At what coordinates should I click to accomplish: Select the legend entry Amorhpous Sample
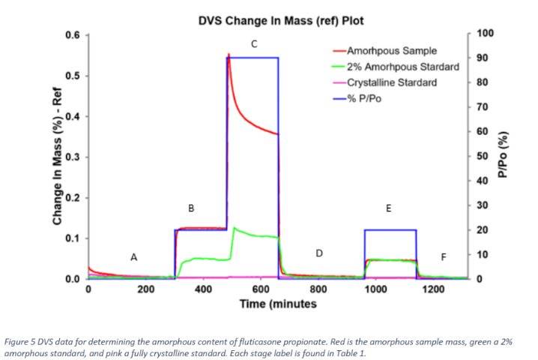coord(391,51)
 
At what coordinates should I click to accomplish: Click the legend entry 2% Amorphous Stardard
coord(403,67)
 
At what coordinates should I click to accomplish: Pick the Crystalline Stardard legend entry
coord(392,82)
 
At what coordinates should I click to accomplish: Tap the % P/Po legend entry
coord(364,98)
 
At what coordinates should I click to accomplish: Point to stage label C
coord(254,44)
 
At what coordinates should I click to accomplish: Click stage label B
coord(191,208)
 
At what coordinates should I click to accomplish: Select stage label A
coord(134,257)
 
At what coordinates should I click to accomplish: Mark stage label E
coord(388,208)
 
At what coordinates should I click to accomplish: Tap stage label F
coord(444,257)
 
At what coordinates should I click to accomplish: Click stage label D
coord(319,253)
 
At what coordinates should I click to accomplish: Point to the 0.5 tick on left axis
coord(73,76)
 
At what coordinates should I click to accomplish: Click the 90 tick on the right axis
coord(482,58)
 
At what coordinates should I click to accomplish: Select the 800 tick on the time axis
coord(318,289)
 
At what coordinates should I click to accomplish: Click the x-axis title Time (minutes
coord(278,304)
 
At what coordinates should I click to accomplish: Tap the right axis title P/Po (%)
coord(503,154)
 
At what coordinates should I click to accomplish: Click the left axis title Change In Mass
coord(57,156)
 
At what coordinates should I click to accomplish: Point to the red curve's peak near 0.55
coord(229,54)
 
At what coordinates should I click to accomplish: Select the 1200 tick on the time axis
coord(433,289)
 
